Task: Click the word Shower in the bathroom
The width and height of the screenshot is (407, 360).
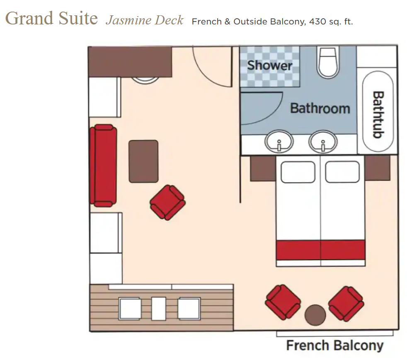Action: pos(270,65)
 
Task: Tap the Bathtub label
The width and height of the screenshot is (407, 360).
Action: pos(378,114)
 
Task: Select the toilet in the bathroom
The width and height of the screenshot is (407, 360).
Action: pos(328,62)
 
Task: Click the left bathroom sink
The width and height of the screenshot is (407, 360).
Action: pos(279,142)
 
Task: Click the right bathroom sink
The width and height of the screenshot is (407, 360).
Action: pos(323,142)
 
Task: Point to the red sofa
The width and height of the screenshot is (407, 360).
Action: pos(103,165)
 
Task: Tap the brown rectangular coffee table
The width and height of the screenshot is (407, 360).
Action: pos(143,161)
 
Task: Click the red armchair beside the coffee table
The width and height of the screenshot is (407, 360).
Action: pos(168,202)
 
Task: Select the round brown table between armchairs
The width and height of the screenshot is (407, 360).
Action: pos(315,315)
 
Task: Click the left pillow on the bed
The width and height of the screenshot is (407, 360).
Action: pos(298,172)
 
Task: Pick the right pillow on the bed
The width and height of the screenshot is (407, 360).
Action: pos(342,172)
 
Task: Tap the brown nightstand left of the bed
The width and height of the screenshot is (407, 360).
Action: pos(263,168)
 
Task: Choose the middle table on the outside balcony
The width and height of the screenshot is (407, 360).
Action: pos(159,309)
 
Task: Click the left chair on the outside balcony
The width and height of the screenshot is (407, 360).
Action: pos(130,309)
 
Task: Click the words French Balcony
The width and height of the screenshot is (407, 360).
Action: pos(335,346)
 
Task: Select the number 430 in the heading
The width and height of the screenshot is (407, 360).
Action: pos(317,22)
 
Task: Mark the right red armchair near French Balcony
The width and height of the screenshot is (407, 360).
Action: pos(346,304)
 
